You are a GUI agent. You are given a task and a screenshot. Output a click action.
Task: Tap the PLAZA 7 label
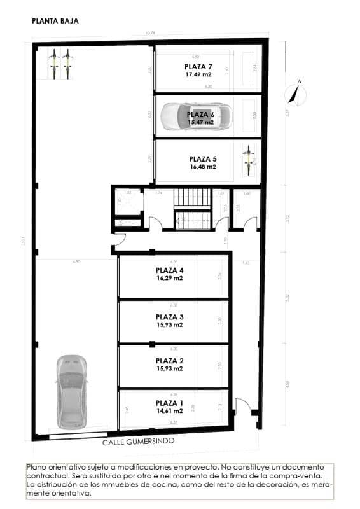coord(198,66)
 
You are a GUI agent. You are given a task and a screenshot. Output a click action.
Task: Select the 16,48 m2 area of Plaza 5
coord(203,167)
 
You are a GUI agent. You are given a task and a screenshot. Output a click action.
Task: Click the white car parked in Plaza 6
coord(197,116)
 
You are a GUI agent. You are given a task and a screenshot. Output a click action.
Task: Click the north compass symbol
coord(296,93)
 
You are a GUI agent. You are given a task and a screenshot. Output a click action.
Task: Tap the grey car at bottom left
coord(70,391)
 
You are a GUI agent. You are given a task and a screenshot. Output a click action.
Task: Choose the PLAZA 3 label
coord(169,316)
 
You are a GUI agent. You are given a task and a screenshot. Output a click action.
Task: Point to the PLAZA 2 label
coord(169,360)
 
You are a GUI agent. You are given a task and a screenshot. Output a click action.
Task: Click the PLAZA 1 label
coord(169,403)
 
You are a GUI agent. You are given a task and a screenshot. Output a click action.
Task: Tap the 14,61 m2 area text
coord(169,411)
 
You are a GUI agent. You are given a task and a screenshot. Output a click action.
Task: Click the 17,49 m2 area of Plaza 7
coord(198,74)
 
